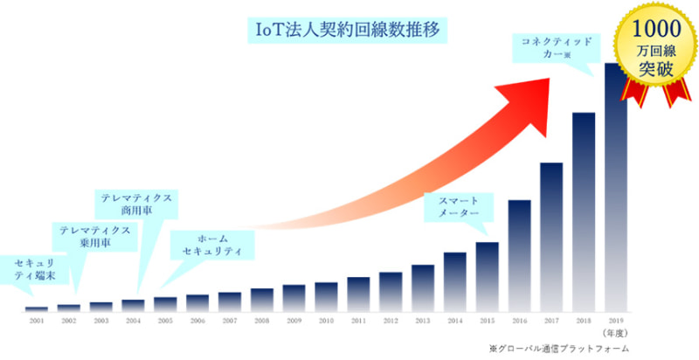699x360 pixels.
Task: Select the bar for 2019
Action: [x=615, y=187]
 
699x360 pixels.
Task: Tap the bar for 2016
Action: [x=520, y=255]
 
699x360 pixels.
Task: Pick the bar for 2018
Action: [x=584, y=211]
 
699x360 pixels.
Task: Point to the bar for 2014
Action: [x=455, y=281]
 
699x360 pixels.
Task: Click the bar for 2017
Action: [x=551, y=237]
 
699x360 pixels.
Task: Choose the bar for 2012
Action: [x=391, y=292]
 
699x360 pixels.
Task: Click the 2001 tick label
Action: [x=37, y=322]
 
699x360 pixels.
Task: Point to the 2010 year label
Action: [x=326, y=322]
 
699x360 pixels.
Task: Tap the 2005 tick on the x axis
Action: [x=165, y=322]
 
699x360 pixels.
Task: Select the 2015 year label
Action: [x=487, y=322]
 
